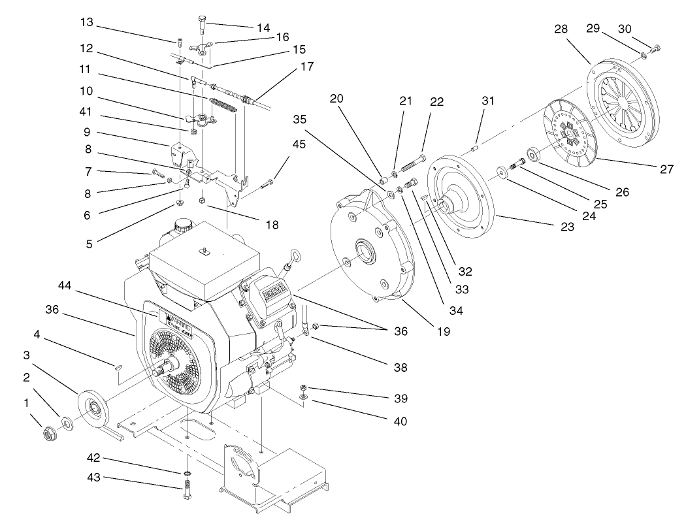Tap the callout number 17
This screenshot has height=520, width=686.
click(x=306, y=67)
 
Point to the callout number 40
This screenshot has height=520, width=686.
click(x=399, y=421)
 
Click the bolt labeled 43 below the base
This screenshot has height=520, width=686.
click(x=188, y=489)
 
